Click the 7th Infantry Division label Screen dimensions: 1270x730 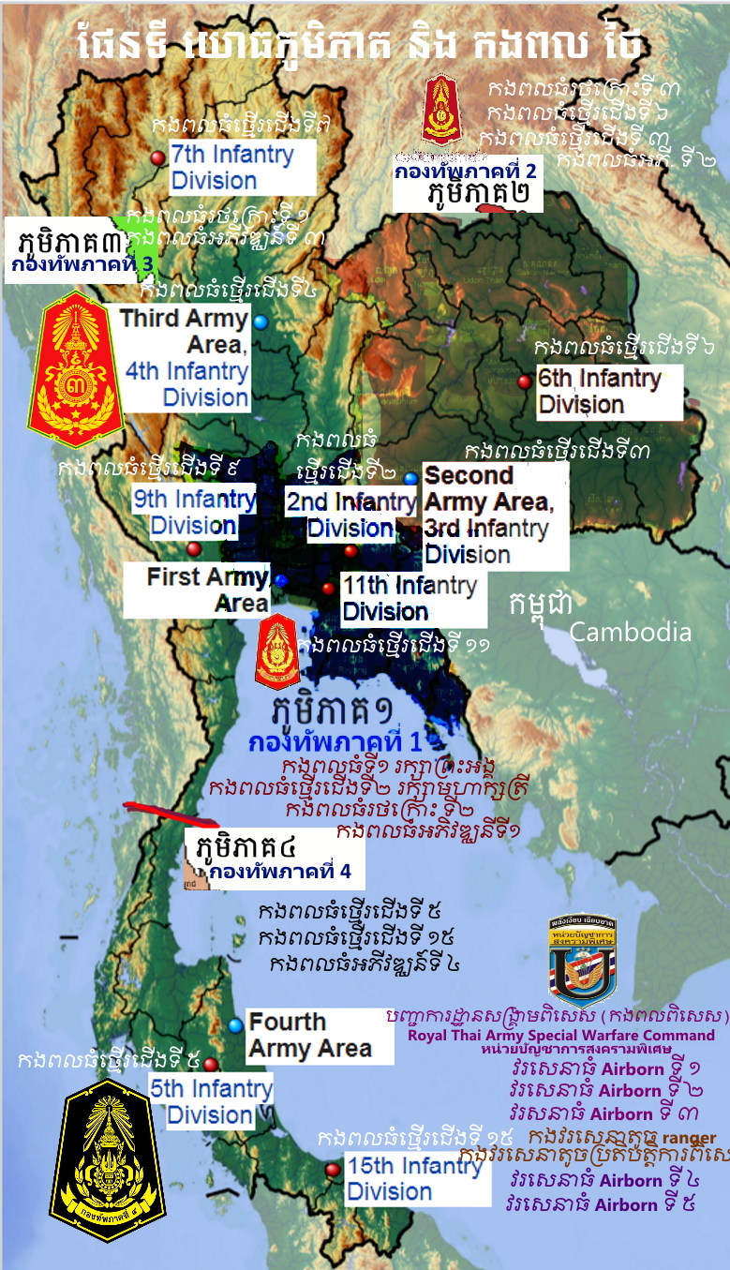coord(242,167)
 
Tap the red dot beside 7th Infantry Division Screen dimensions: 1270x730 coord(157,157)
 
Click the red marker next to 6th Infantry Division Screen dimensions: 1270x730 coord(524,381)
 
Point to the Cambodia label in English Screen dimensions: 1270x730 coord(630,632)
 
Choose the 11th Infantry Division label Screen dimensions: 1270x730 coord(412,599)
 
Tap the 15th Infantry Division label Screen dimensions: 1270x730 coord(417,1179)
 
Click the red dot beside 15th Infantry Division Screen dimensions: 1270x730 coord(332,1170)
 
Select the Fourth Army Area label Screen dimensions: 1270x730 coord(309,1035)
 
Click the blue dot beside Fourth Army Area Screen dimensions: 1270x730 coord(235,1025)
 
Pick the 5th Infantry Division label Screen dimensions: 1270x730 coord(210,1101)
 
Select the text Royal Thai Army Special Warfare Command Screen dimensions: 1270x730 coord(561,1036)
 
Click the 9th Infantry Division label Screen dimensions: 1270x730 coord(193,512)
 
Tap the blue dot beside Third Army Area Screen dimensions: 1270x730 coord(261,321)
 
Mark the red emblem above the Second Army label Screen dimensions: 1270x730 coord(440,111)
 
